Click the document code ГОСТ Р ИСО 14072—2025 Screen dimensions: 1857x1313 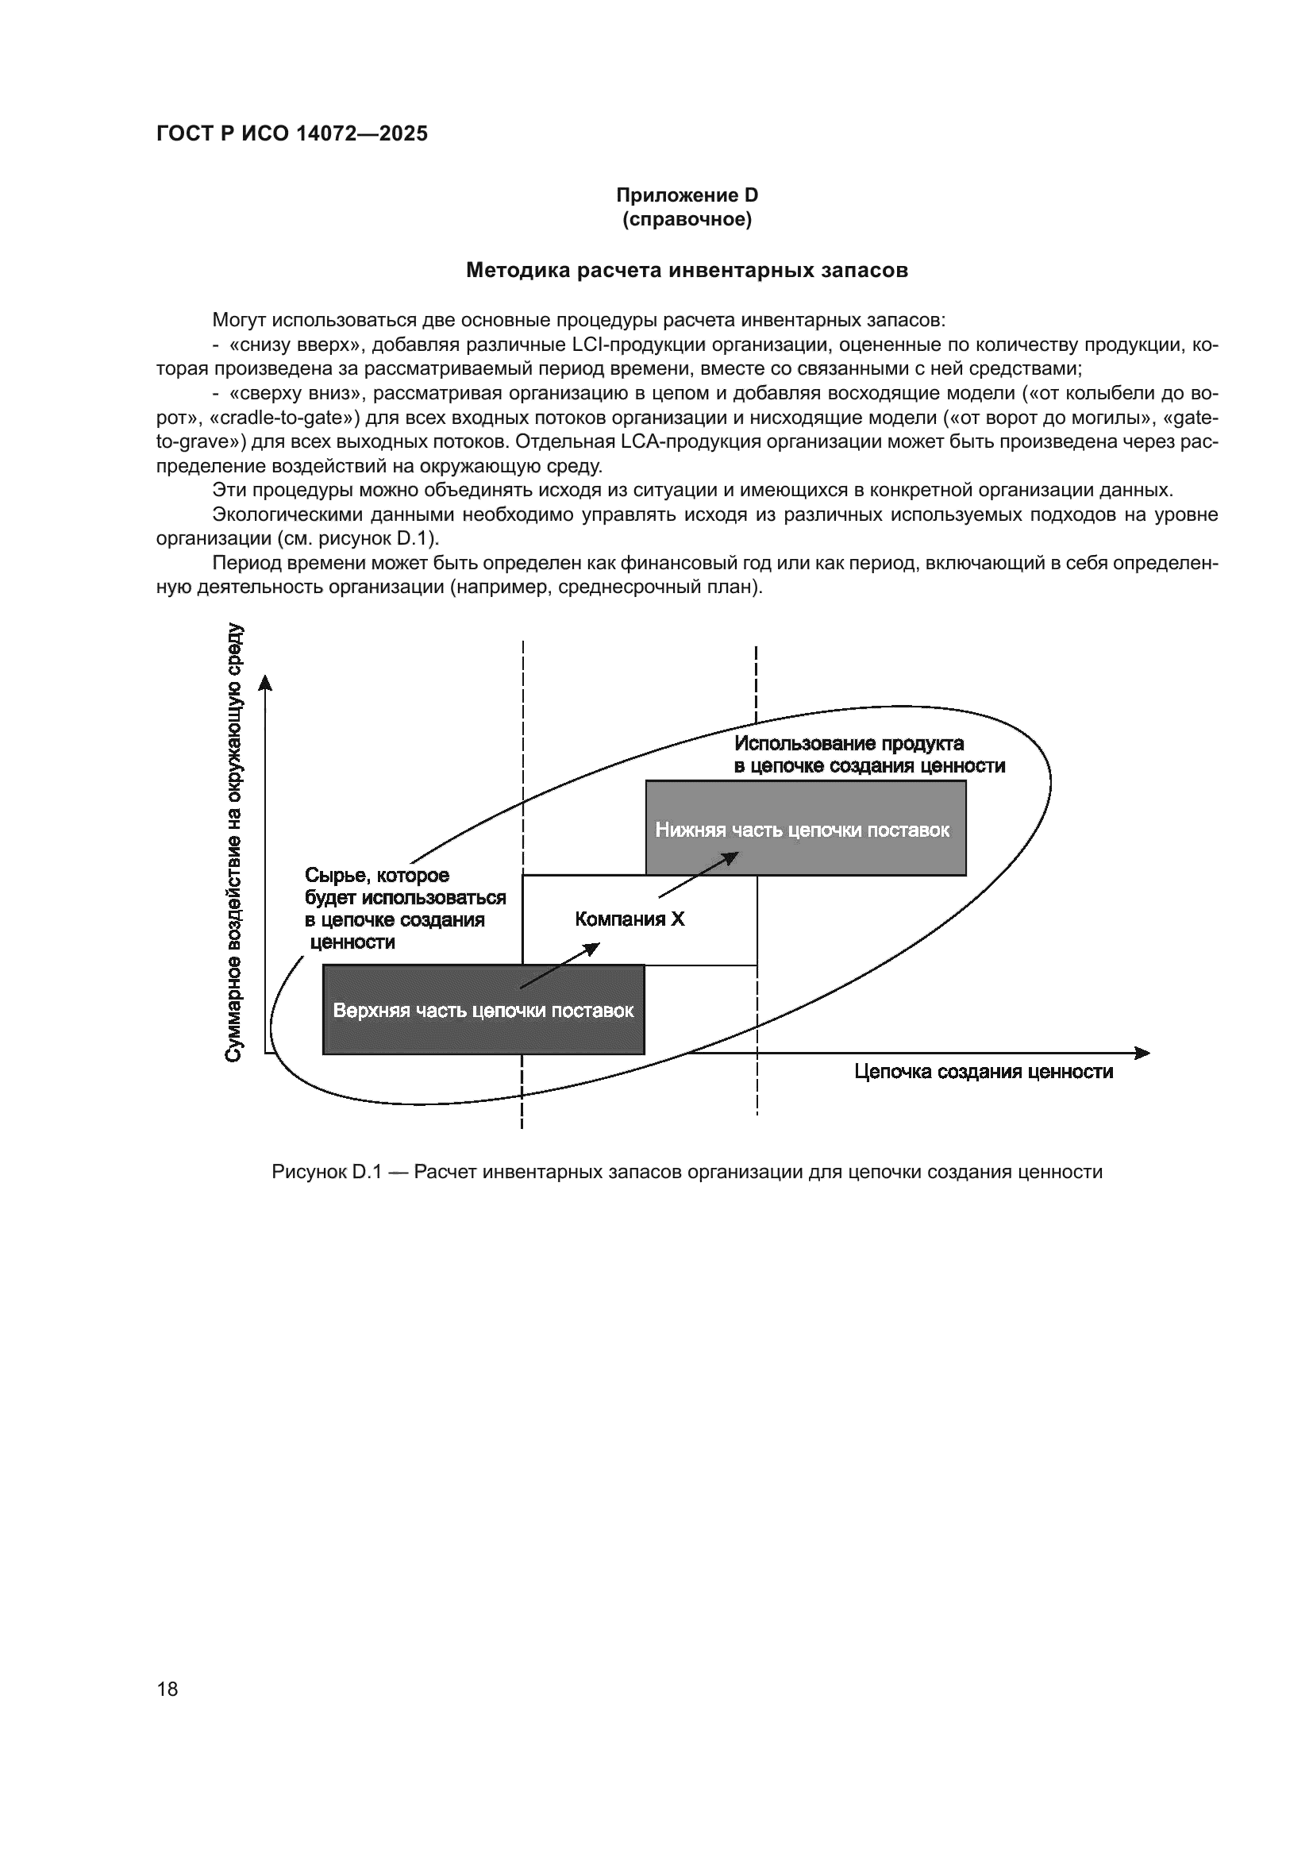pyautogui.click(x=292, y=134)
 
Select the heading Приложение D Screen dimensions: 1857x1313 pyautogui.click(x=687, y=195)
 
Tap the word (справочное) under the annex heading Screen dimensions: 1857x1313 pyautogui.click(x=687, y=219)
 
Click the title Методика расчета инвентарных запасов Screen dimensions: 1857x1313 pyautogui.click(x=687, y=270)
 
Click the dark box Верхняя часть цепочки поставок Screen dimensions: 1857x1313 pyautogui.click(x=483, y=1011)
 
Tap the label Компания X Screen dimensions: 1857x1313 pyautogui.click(x=630, y=919)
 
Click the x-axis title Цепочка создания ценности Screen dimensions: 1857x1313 pyautogui.click(x=983, y=1072)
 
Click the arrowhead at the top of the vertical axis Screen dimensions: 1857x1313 pyautogui.click(x=265, y=684)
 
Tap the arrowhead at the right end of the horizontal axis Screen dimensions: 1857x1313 pyautogui.click(x=1142, y=1053)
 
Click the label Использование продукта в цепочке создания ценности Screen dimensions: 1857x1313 pyautogui.click(x=868, y=754)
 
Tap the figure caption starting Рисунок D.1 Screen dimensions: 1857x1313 pyautogui.click(x=687, y=1172)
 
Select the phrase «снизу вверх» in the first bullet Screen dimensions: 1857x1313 pyautogui.click(x=295, y=345)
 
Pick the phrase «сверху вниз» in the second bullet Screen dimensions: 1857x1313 pyautogui.click(x=296, y=394)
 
